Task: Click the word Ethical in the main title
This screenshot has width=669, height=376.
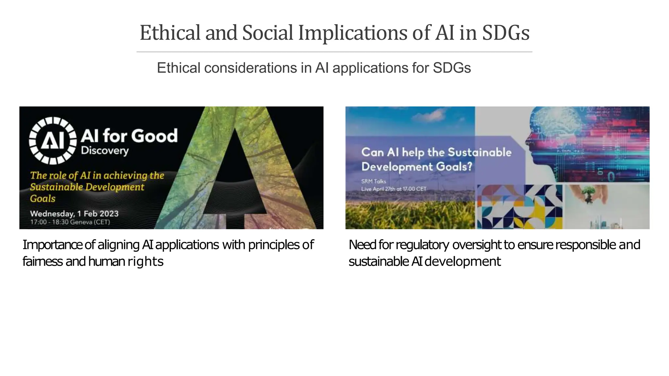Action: pyautogui.click(x=170, y=33)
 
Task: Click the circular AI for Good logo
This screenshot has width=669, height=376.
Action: pyautogui.click(x=53, y=140)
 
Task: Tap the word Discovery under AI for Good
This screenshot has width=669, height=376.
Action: pyautogui.click(x=105, y=150)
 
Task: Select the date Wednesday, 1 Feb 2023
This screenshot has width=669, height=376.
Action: pyautogui.click(x=74, y=214)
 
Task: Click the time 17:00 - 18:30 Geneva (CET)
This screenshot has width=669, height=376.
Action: pyautogui.click(x=70, y=222)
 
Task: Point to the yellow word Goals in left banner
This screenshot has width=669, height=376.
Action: pyautogui.click(x=42, y=198)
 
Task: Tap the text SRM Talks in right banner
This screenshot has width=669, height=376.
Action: pyautogui.click(x=373, y=181)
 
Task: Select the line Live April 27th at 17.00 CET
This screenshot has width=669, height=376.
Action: pyautogui.click(x=394, y=189)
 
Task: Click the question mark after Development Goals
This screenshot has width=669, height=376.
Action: pyautogui.click(x=469, y=167)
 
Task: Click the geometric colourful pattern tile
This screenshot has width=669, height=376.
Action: pyautogui.click(x=519, y=207)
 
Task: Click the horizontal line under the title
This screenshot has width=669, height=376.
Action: pyautogui.click(x=334, y=52)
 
